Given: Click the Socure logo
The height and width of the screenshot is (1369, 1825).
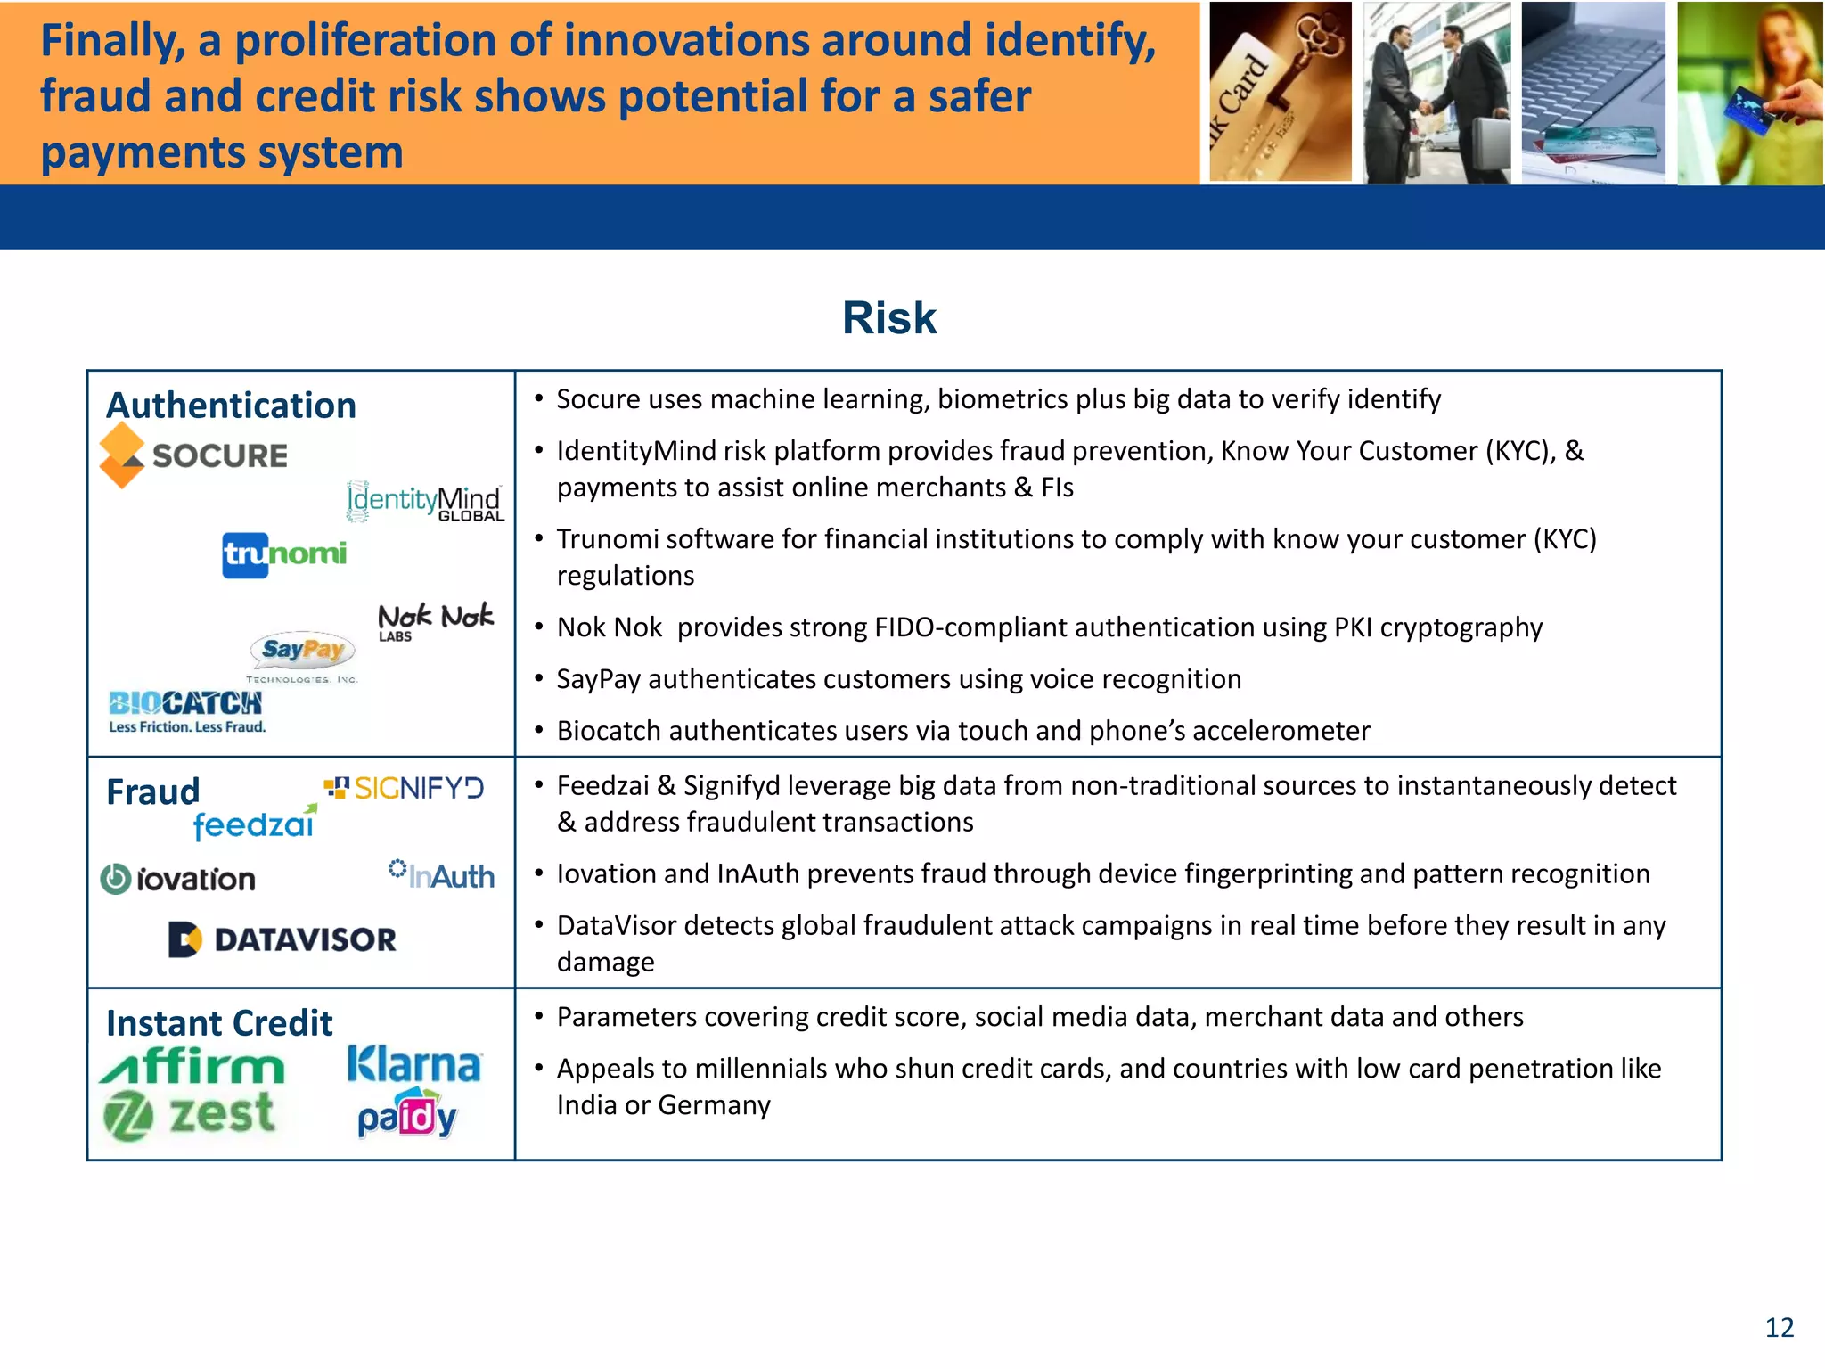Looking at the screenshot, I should [x=194, y=455].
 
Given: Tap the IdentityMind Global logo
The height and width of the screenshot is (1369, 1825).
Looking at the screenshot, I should [x=425, y=502].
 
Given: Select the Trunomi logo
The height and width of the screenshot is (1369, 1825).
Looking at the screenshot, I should [x=284, y=554].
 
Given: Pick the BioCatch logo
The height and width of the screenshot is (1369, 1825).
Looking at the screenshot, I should [x=186, y=710].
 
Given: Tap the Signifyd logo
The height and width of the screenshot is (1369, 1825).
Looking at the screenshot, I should [x=404, y=788].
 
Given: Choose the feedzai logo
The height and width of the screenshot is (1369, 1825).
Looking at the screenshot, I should [x=255, y=824].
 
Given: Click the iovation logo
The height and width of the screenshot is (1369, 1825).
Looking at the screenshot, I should [x=178, y=880].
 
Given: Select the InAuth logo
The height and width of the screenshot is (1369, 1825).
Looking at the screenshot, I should [x=442, y=875].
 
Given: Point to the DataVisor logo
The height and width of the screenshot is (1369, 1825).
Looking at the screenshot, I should [x=282, y=939].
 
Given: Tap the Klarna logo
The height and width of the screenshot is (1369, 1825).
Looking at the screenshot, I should [x=413, y=1064].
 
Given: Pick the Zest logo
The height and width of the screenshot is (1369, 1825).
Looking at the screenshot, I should [x=189, y=1114].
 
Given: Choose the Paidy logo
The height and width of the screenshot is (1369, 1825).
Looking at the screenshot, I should [x=407, y=1117].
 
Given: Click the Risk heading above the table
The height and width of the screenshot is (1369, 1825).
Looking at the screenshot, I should [x=888, y=318].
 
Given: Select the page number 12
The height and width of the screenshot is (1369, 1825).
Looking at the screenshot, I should [x=1779, y=1328].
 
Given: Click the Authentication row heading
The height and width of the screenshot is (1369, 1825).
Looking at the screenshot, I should [x=231, y=406].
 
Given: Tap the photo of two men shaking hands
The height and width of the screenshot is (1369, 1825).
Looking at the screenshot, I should [x=1436, y=93].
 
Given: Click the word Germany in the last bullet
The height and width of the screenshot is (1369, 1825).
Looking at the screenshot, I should [x=714, y=1105].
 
